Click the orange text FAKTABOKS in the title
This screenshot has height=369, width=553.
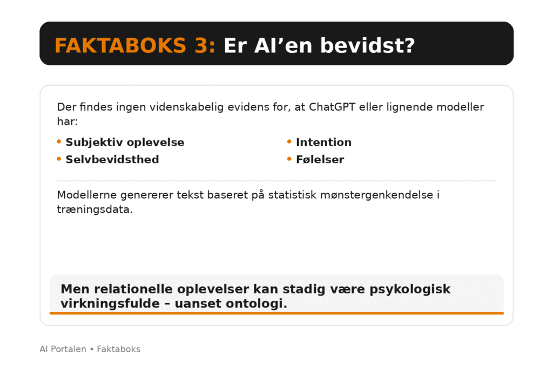pyautogui.click(x=120, y=46)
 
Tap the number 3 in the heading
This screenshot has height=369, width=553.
pyautogui.click(x=201, y=46)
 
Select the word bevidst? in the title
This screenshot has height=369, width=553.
pyautogui.click(x=367, y=46)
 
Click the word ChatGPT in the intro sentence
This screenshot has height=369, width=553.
pyautogui.click(x=332, y=107)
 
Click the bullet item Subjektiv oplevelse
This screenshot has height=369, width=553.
pyautogui.click(x=125, y=142)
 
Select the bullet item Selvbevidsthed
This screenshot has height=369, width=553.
pyautogui.click(x=112, y=159)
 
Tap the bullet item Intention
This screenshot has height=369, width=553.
pyautogui.click(x=324, y=142)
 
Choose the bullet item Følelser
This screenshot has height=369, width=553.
pyautogui.click(x=320, y=159)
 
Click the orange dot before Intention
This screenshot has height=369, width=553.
pyautogui.click(x=289, y=142)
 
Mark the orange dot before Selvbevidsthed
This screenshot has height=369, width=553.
pyautogui.click(x=59, y=159)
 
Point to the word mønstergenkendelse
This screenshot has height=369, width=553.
pyautogui.click(x=376, y=195)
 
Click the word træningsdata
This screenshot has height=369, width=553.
pyautogui.click(x=95, y=210)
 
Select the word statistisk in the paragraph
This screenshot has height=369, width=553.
pyautogui.click(x=292, y=194)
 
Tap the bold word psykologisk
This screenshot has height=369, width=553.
pyautogui.click(x=410, y=289)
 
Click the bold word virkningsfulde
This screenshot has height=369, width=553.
pyautogui.click(x=110, y=304)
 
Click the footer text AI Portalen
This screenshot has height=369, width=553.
pyautogui.click(x=63, y=349)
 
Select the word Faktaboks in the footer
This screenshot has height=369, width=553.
pyautogui.click(x=118, y=349)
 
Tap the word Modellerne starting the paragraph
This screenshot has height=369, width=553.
pyautogui.click(x=87, y=194)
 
